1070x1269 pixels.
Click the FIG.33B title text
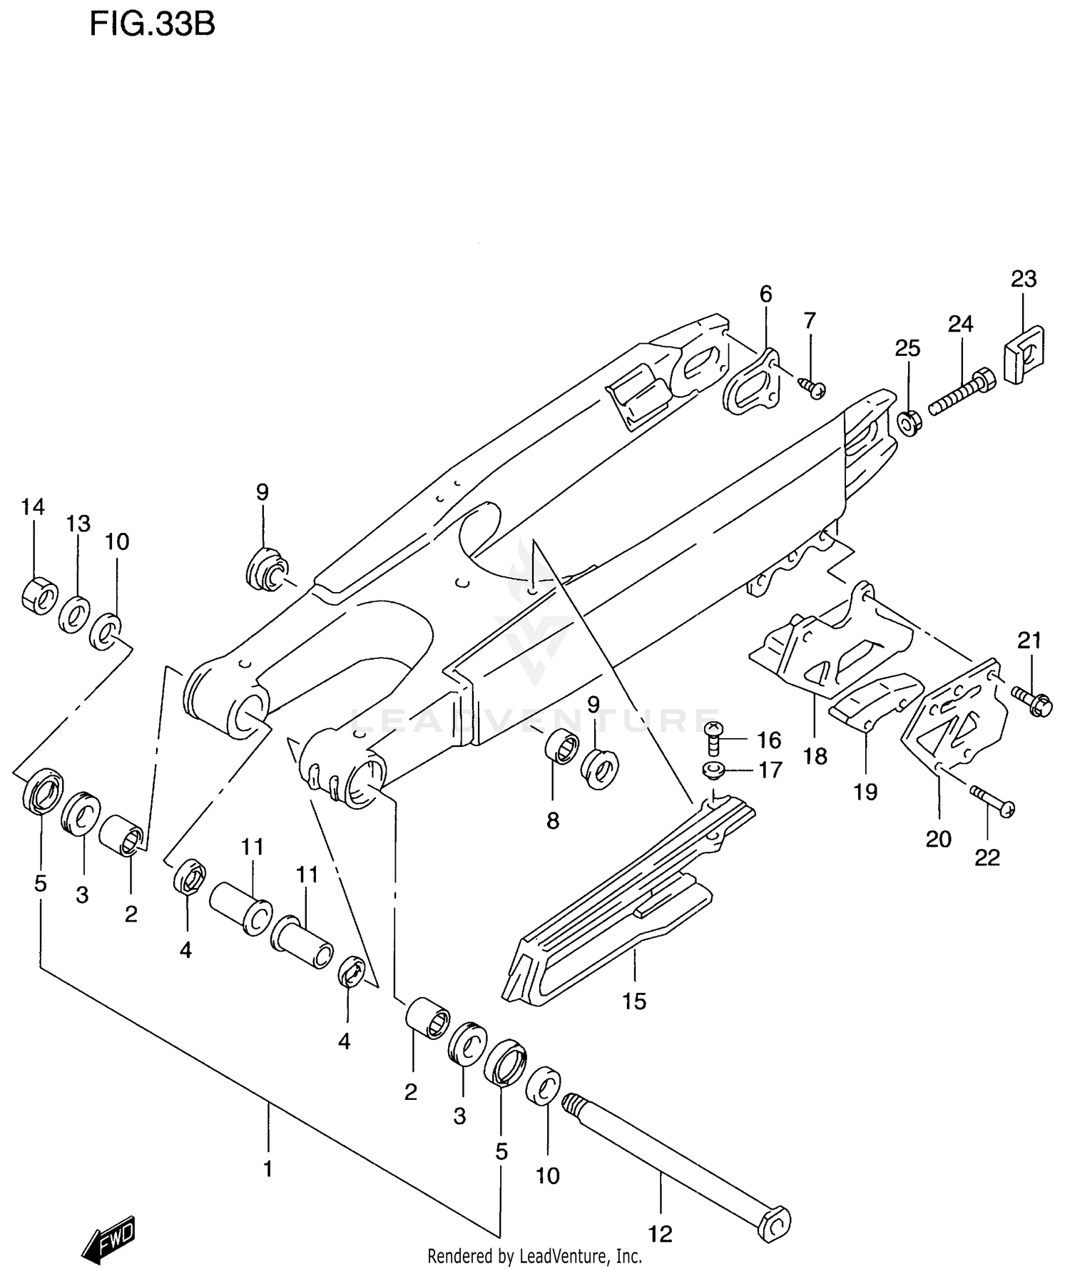[152, 25]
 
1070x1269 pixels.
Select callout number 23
[1023, 279]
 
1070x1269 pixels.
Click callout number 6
[765, 294]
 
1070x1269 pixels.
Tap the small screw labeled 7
[812, 387]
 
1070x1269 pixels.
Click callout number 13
[78, 524]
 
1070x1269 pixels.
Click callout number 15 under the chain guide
[633, 1002]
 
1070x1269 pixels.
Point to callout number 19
[865, 792]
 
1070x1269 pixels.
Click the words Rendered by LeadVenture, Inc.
[534, 1256]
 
